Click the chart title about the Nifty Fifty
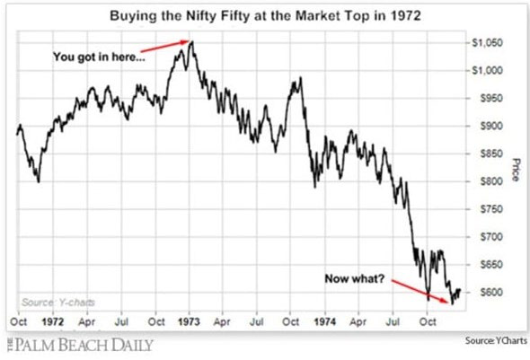[x=265, y=16]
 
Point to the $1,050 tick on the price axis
[x=487, y=43]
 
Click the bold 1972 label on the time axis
[x=53, y=321]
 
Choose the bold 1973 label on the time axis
[x=189, y=321]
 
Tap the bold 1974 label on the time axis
[x=325, y=321]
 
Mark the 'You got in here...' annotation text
[x=99, y=57]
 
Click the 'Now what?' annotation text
[x=355, y=278]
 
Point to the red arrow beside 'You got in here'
[x=164, y=47]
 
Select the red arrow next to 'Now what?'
[x=420, y=291]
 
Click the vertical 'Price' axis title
[x=515, y=170]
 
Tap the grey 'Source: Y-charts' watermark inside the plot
[x=58, y=302]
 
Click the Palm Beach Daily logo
[x=80, y=345]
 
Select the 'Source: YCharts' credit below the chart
[x=496, y=340]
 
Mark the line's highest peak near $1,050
[x=192, y=41]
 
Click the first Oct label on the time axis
[x=19, y=321]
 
